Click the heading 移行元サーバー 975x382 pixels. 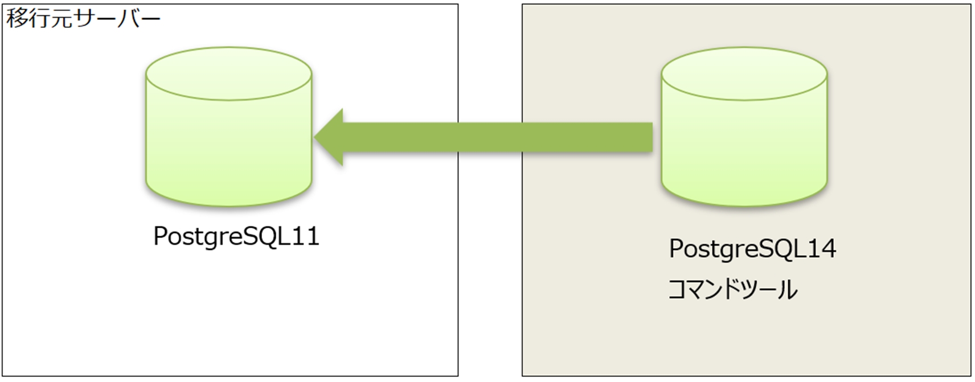(x=83, y=19)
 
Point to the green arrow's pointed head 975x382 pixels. (x=315, y=137)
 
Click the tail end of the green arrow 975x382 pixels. (x=652, y=137)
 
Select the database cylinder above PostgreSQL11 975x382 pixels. (x=228, y=126)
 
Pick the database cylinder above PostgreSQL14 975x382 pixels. (x=744, y=126)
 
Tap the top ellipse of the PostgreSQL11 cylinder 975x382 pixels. (x=228, y=73)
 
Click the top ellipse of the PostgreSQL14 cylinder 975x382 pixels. (x=744, y=73)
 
